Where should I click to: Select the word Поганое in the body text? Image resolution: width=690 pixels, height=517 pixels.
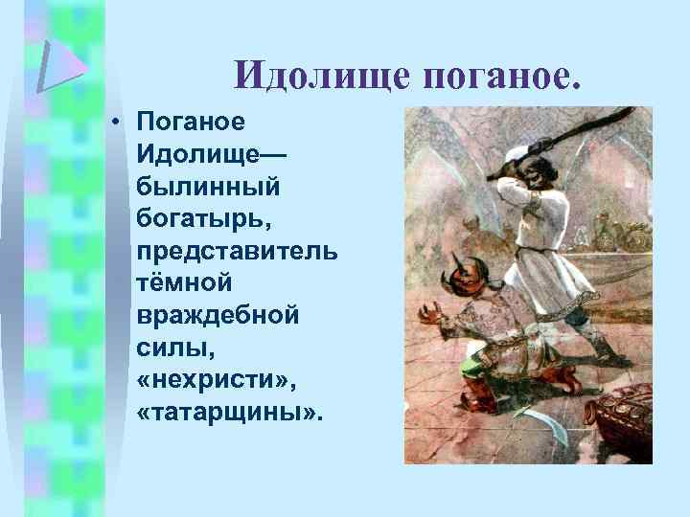[x=193, y=122]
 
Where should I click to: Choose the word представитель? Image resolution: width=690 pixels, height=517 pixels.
[x=236, y=251]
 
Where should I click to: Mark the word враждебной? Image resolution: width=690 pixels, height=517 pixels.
[x=218, y=315]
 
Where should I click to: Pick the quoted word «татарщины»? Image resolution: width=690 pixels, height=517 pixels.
[x=230, y=413]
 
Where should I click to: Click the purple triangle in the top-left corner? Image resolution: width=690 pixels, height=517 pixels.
[x=60, y=65]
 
